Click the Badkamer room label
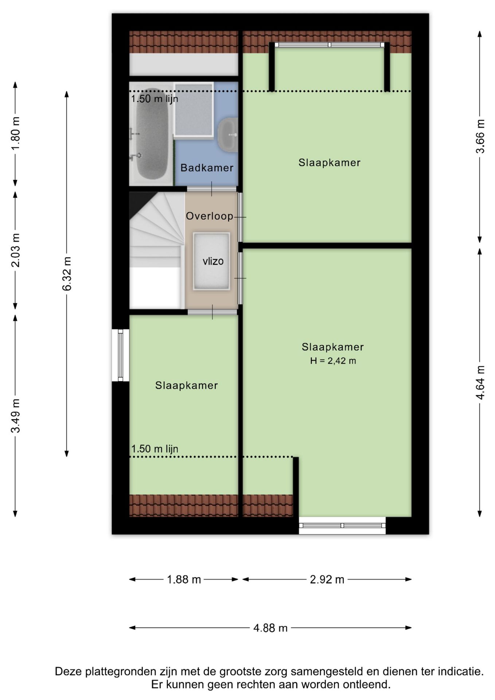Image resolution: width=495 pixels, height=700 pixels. [207, 168]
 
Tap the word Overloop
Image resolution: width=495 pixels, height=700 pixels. [210, 216]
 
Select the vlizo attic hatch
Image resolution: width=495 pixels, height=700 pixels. [211, 261]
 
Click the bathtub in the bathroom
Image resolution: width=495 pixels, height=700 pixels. [152, 134]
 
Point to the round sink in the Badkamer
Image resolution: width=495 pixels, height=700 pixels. [229, 135]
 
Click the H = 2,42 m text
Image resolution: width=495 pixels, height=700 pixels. [333, 361]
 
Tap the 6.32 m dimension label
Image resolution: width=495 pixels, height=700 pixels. [67, 274]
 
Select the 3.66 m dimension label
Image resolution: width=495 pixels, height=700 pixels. [480, 136]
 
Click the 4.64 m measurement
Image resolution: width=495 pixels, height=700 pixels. [480, 382]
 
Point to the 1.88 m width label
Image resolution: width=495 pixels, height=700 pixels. [184, 579]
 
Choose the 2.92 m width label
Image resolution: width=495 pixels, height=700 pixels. [327, 579]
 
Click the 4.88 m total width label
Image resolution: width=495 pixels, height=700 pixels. [270, 628]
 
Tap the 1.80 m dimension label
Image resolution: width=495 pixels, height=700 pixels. [15, 133]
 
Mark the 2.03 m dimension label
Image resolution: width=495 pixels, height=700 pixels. [15, 250]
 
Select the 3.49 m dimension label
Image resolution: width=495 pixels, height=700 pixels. [15, 416]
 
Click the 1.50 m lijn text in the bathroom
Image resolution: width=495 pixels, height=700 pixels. [155, 99]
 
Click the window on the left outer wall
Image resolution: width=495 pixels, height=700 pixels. [120, 355]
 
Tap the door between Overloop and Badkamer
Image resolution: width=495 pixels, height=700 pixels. [212, 189]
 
